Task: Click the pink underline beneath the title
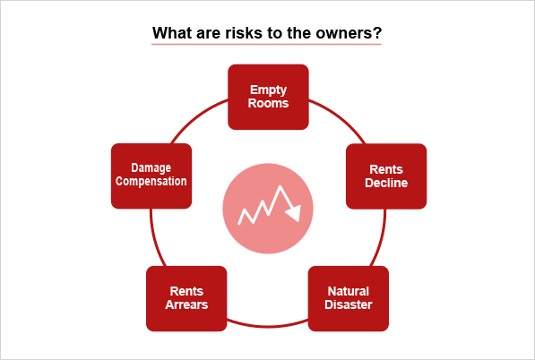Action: click(x=266, y=44)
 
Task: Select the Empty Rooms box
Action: click(x=268, y=97)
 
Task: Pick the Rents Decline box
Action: click(x=386, y=176)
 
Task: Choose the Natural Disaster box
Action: click(x=349, y=298)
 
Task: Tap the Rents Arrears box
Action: click(x=186, y=298)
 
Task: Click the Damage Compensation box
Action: click(x=151, y=176)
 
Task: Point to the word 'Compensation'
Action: click(x=151, y=182)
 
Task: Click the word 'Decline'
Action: click(x=386, y=183)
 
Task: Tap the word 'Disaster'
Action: click(x=349, y=304)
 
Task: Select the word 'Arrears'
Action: click(x=186, y=304)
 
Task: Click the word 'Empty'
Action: click(x=268, y=90)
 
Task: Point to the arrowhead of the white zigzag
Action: click(x=294, y=213)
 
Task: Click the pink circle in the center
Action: click(x=268, y=209)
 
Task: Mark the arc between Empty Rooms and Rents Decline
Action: click(x=341, y=117)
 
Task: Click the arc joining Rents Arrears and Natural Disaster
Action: click(x=267, y=327)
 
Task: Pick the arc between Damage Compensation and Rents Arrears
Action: click(x=155, y=238)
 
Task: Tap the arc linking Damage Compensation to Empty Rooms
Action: click(x=196, y=117)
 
